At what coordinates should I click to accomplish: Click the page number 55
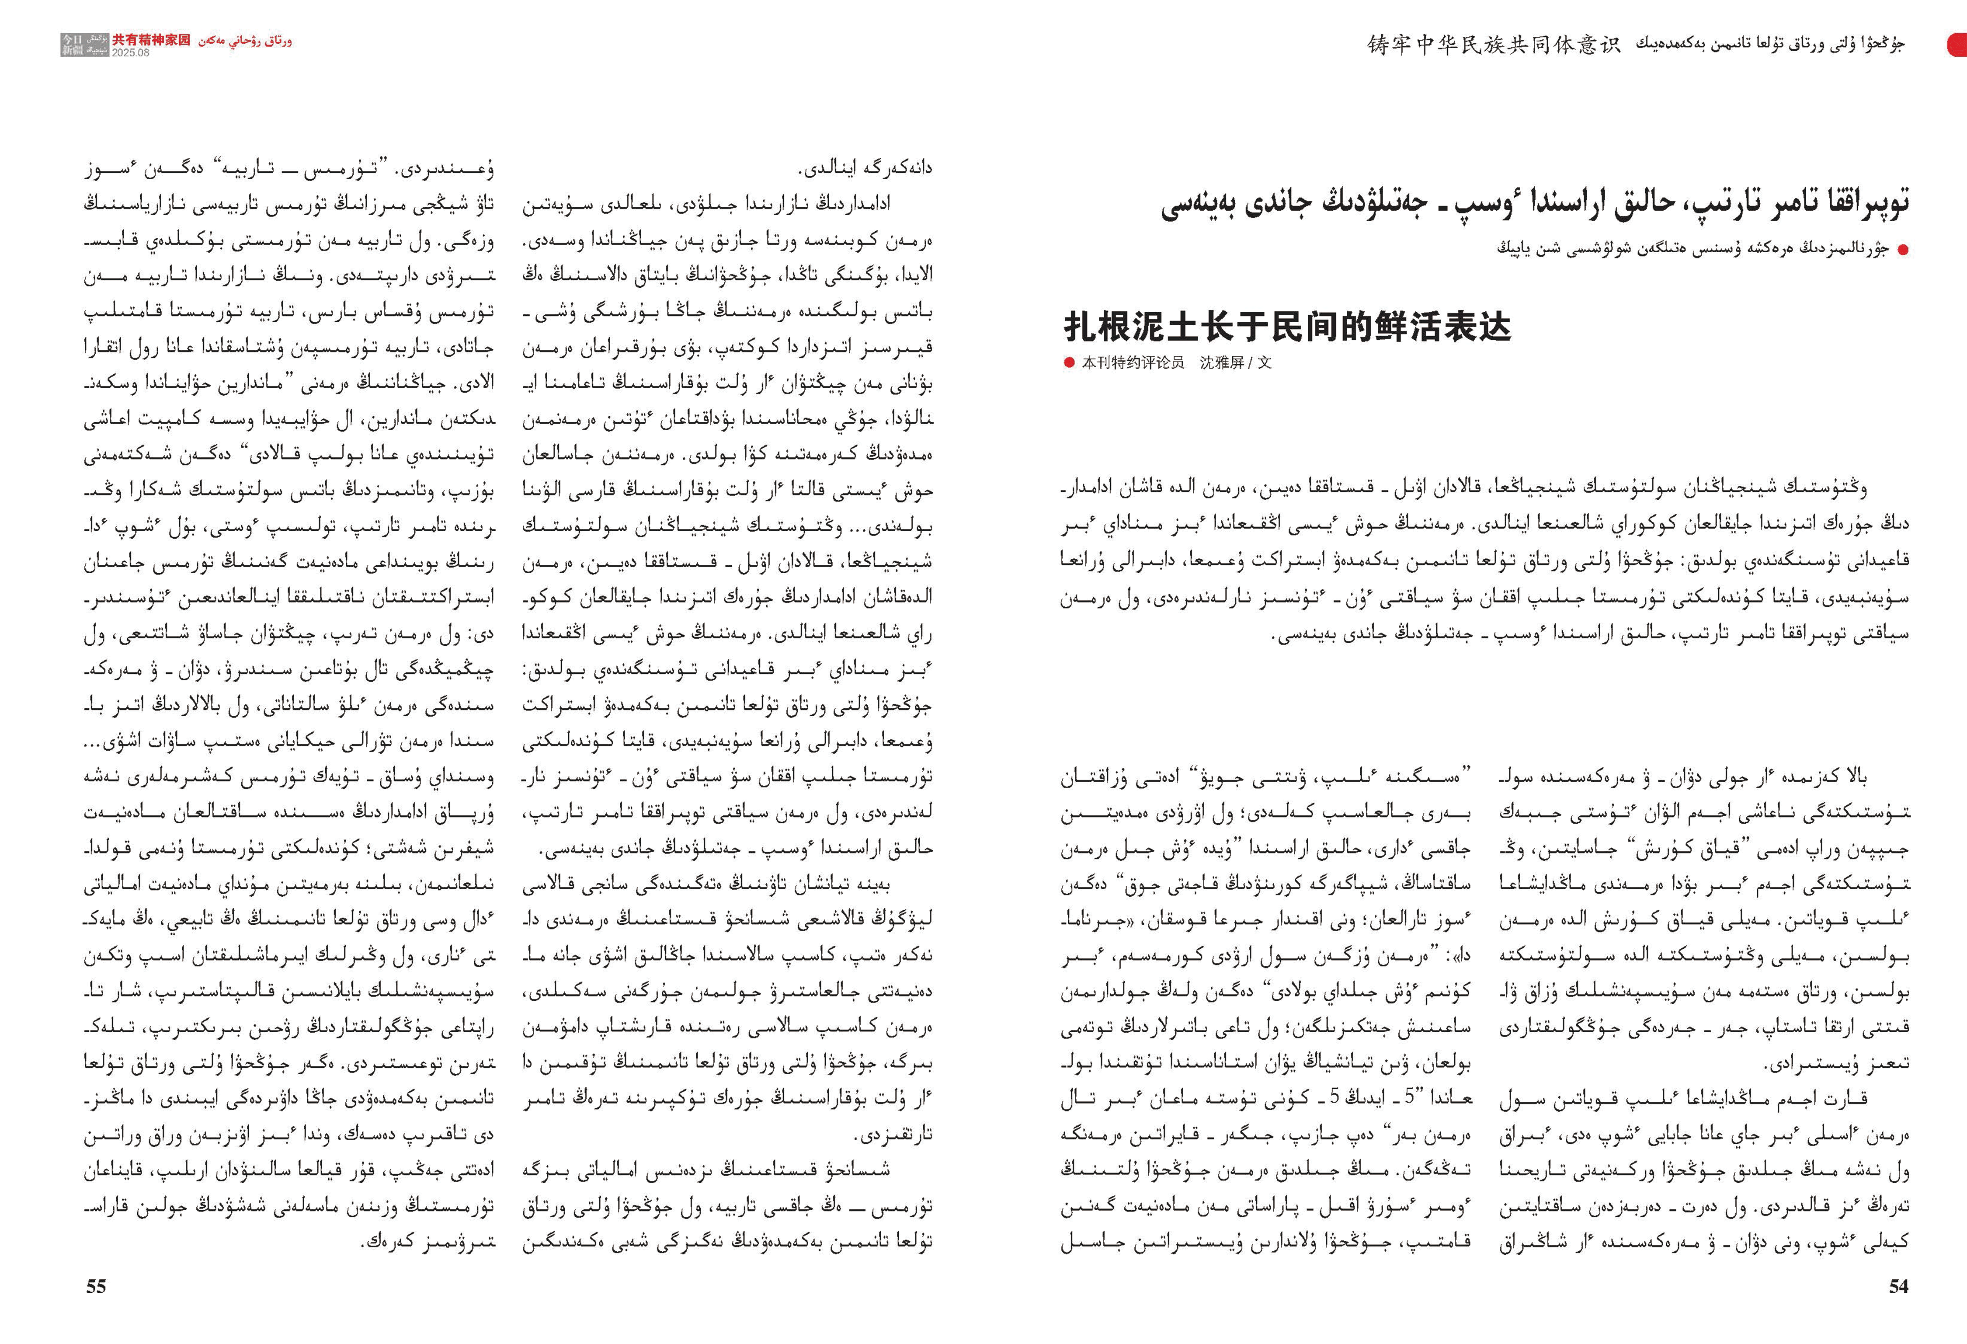click(x=96, y=1286)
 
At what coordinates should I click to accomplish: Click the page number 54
click(x=1898, y=1286)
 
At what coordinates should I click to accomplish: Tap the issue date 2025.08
click(x=131, y=52)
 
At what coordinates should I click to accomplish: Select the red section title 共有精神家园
click(x=152, y=40)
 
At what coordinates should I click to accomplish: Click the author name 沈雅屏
click(x=1221, y=363)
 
